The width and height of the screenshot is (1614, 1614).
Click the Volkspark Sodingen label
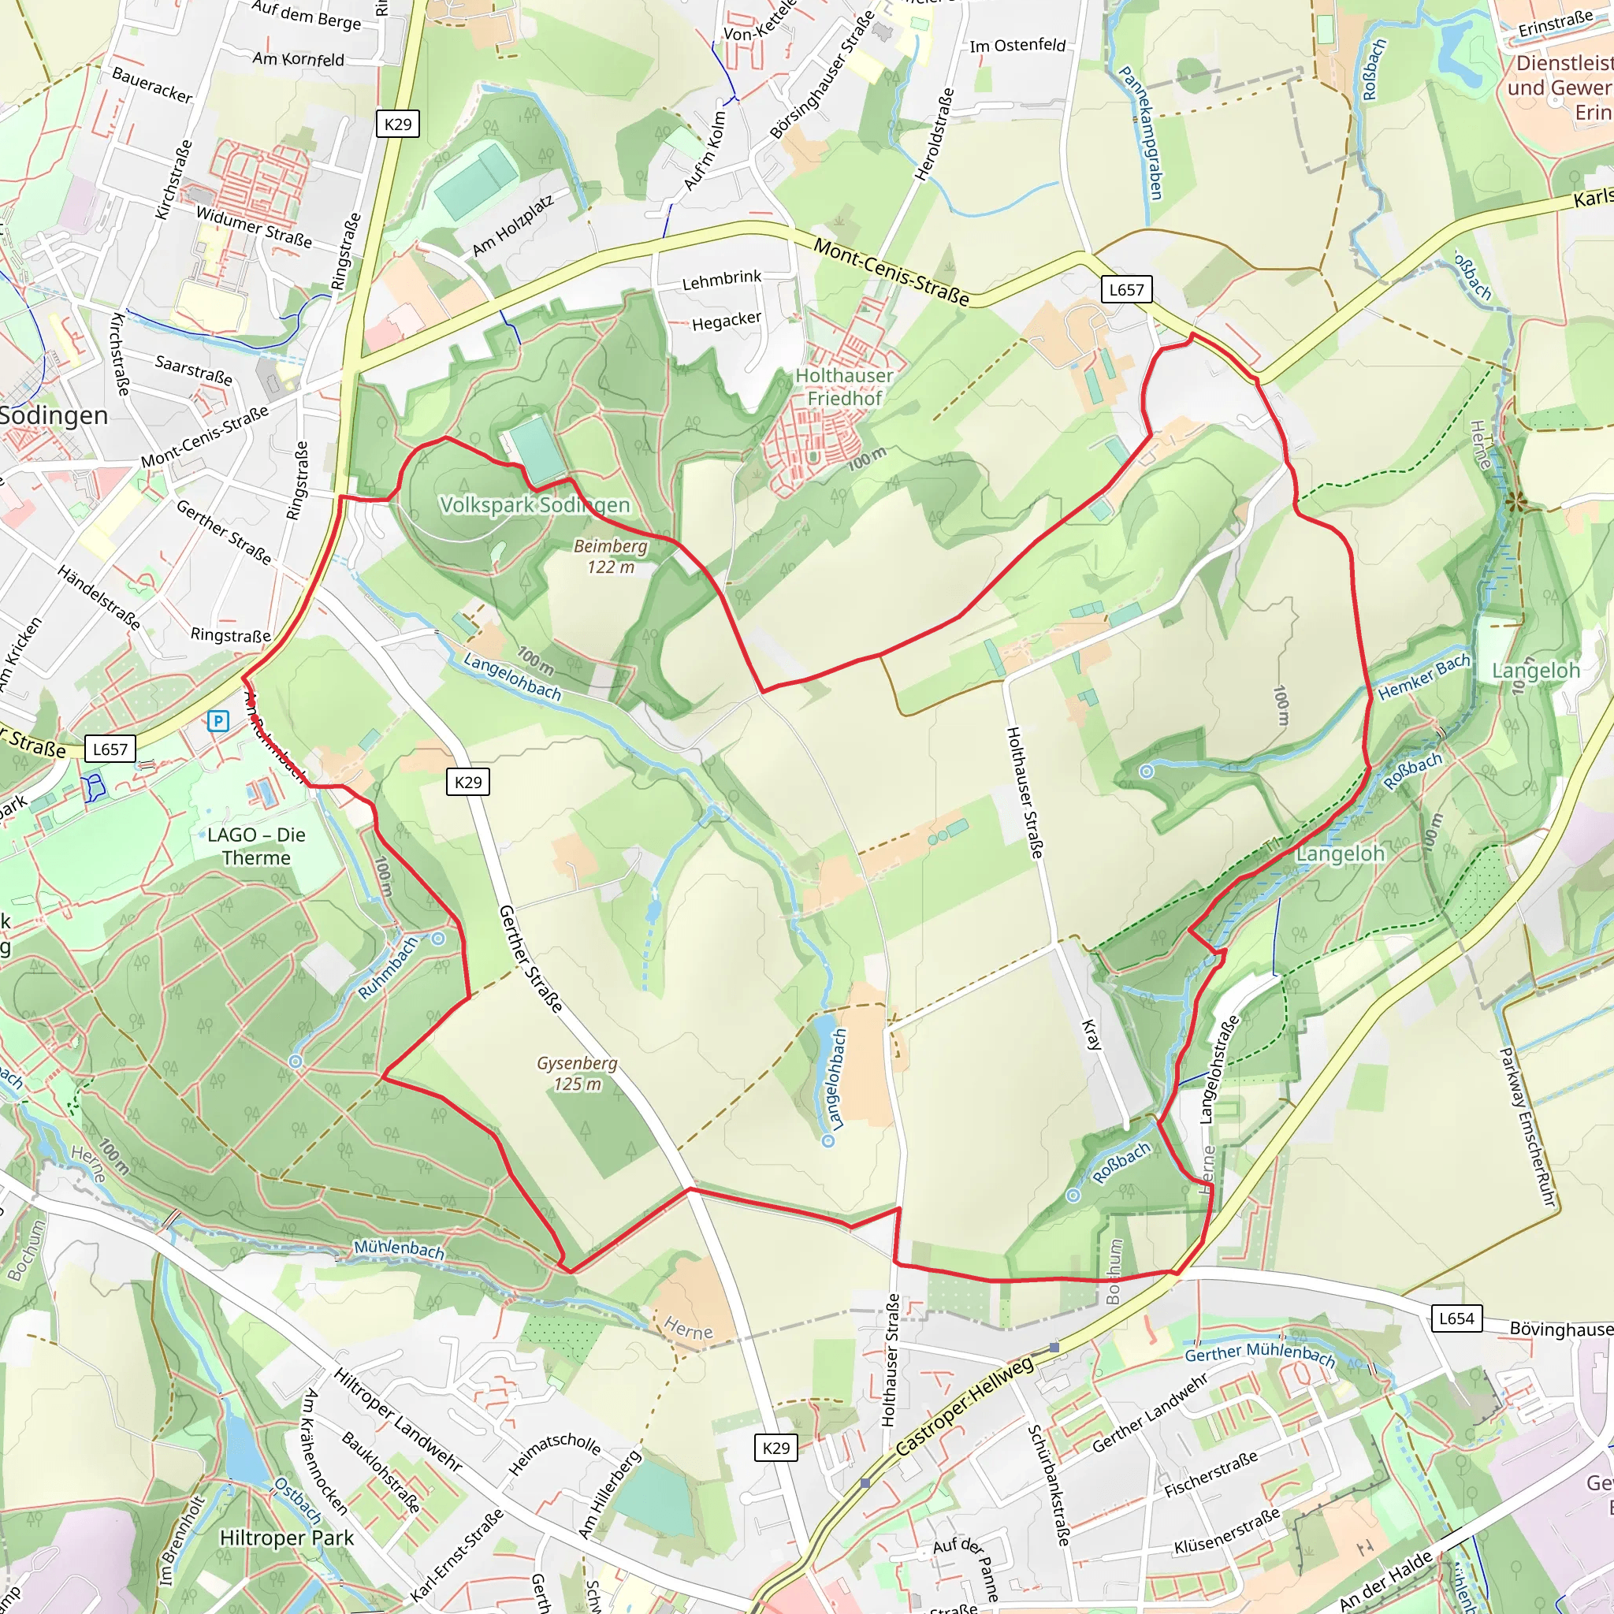click(534, 504)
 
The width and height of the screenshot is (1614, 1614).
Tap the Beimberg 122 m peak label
click(611, 556)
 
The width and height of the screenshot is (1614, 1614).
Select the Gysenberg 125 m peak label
click(577, 1073)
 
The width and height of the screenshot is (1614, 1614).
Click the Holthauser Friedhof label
click(844, 387)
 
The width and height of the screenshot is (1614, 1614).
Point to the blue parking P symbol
click(218, 720)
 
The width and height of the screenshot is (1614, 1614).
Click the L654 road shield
click(1456, 1318)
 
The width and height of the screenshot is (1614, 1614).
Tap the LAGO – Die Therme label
click(256, 846)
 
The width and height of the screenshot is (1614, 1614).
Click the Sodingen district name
click(54, 415)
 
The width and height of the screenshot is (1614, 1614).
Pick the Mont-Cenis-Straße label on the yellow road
click(891, 273)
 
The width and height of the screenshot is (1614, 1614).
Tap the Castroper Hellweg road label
click(964, 1407)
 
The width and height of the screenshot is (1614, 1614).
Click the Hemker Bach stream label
click(1423, 677)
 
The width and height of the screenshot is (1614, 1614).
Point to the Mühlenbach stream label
click(399, 1248)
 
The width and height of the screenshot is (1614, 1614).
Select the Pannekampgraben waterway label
click(1140, 134)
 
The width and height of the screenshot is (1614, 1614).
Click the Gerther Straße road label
click(530, 958)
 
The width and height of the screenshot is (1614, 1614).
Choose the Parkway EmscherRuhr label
click(1528, 1127)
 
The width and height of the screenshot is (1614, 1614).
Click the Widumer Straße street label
click(254, 227)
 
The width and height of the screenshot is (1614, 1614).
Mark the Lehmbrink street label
click(722, 279)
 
